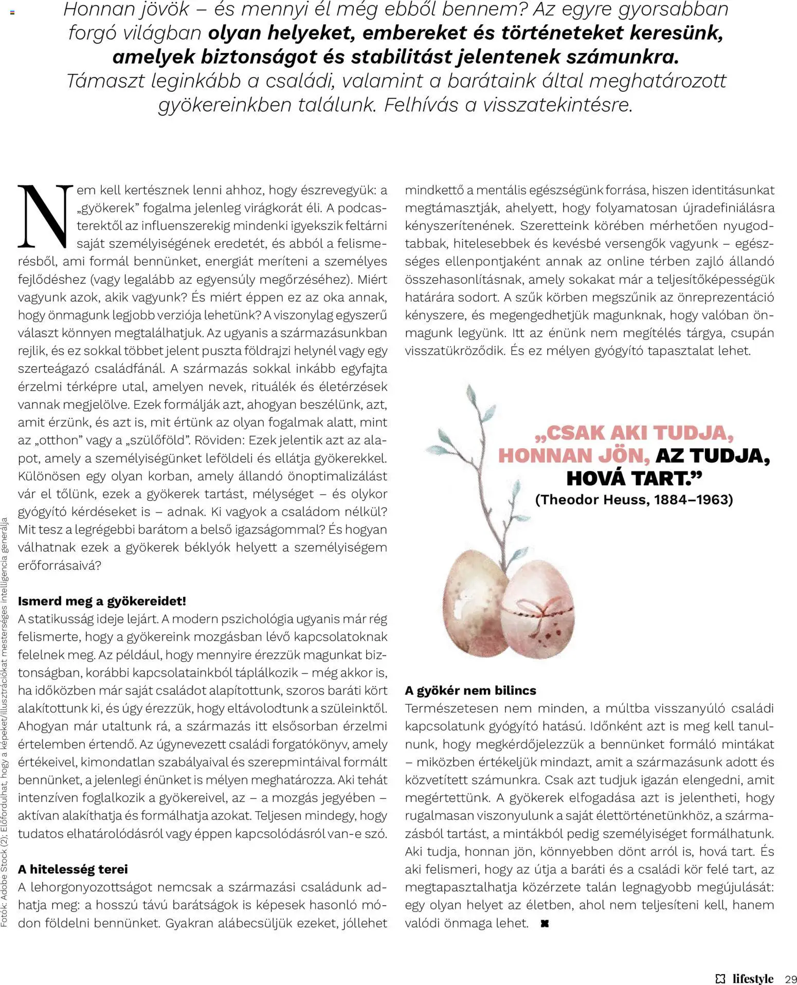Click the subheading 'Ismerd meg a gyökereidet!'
(x=102, y=601)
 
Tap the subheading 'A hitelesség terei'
(x=73, y=869)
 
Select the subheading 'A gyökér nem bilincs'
(x=470, y=690)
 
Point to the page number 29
(x=790, y=978)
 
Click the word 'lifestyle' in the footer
(x=753, y=978)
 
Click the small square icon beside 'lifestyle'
(x=721, y=978)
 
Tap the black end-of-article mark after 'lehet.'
(x=545, y=923)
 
